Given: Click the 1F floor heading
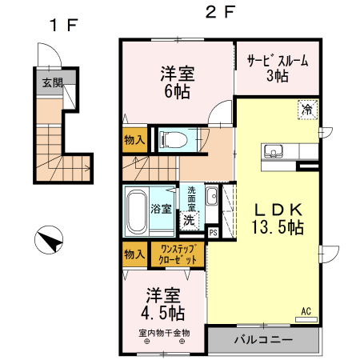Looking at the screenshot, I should click(62, 25).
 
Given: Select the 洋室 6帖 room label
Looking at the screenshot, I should click(177, 79).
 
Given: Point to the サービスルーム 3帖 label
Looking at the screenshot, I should click(277, 68).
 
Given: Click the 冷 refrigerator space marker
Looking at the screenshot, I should click(307, 109).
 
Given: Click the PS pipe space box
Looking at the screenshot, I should click(213, 232).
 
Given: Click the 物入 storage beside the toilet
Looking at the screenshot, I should click(135, 140).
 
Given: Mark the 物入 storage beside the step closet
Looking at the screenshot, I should click(135, 254).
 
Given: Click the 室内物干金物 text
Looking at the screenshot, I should click(165, 332).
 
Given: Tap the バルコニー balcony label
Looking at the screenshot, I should click(263, 339).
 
